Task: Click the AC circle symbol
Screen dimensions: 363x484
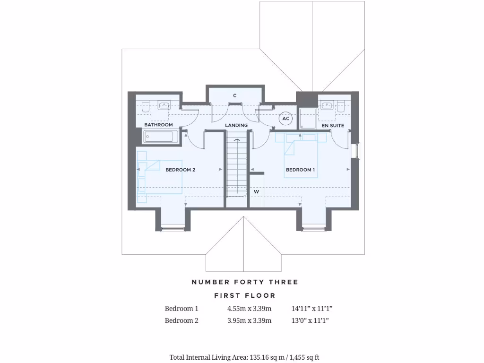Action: pos(285,119)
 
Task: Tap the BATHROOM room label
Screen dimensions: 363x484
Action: pos(158,125)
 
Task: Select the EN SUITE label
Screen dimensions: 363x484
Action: pos(333,126)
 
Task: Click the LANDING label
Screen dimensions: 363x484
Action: pos(236,125)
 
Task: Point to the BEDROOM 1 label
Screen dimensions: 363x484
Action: pos(300,170)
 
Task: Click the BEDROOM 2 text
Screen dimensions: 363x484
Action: pos(180,170)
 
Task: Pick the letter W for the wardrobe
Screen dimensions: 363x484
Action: pos(256,192)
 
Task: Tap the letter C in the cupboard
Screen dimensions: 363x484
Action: pos(234,95)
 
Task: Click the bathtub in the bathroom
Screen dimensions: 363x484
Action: pos(161,137)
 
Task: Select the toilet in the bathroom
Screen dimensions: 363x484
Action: pos(146,106)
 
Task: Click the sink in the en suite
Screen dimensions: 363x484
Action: pos(326,105)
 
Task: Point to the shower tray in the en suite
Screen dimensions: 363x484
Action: pos(308,118)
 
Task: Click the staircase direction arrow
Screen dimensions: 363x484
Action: pos(236,165)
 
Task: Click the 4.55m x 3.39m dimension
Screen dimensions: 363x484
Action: pos(249,309)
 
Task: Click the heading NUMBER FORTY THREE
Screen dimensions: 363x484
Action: pos(244,282)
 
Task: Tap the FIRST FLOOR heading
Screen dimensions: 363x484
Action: pos(244,295)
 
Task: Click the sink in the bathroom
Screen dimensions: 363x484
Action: pos(164,105)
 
